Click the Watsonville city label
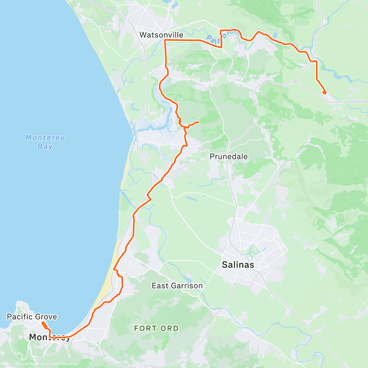[161, 35]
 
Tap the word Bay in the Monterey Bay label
[45, 147]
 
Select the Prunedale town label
[228, 157]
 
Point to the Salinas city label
[238, 265]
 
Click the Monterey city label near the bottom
[49, 337]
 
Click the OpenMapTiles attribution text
[30, 364]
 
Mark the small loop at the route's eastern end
[324, 92]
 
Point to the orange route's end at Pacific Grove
[43, 323]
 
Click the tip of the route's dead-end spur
[199, 122]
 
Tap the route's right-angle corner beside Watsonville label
[165, 40]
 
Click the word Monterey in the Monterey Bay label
[45, 138]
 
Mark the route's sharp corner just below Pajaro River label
[221, 47]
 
